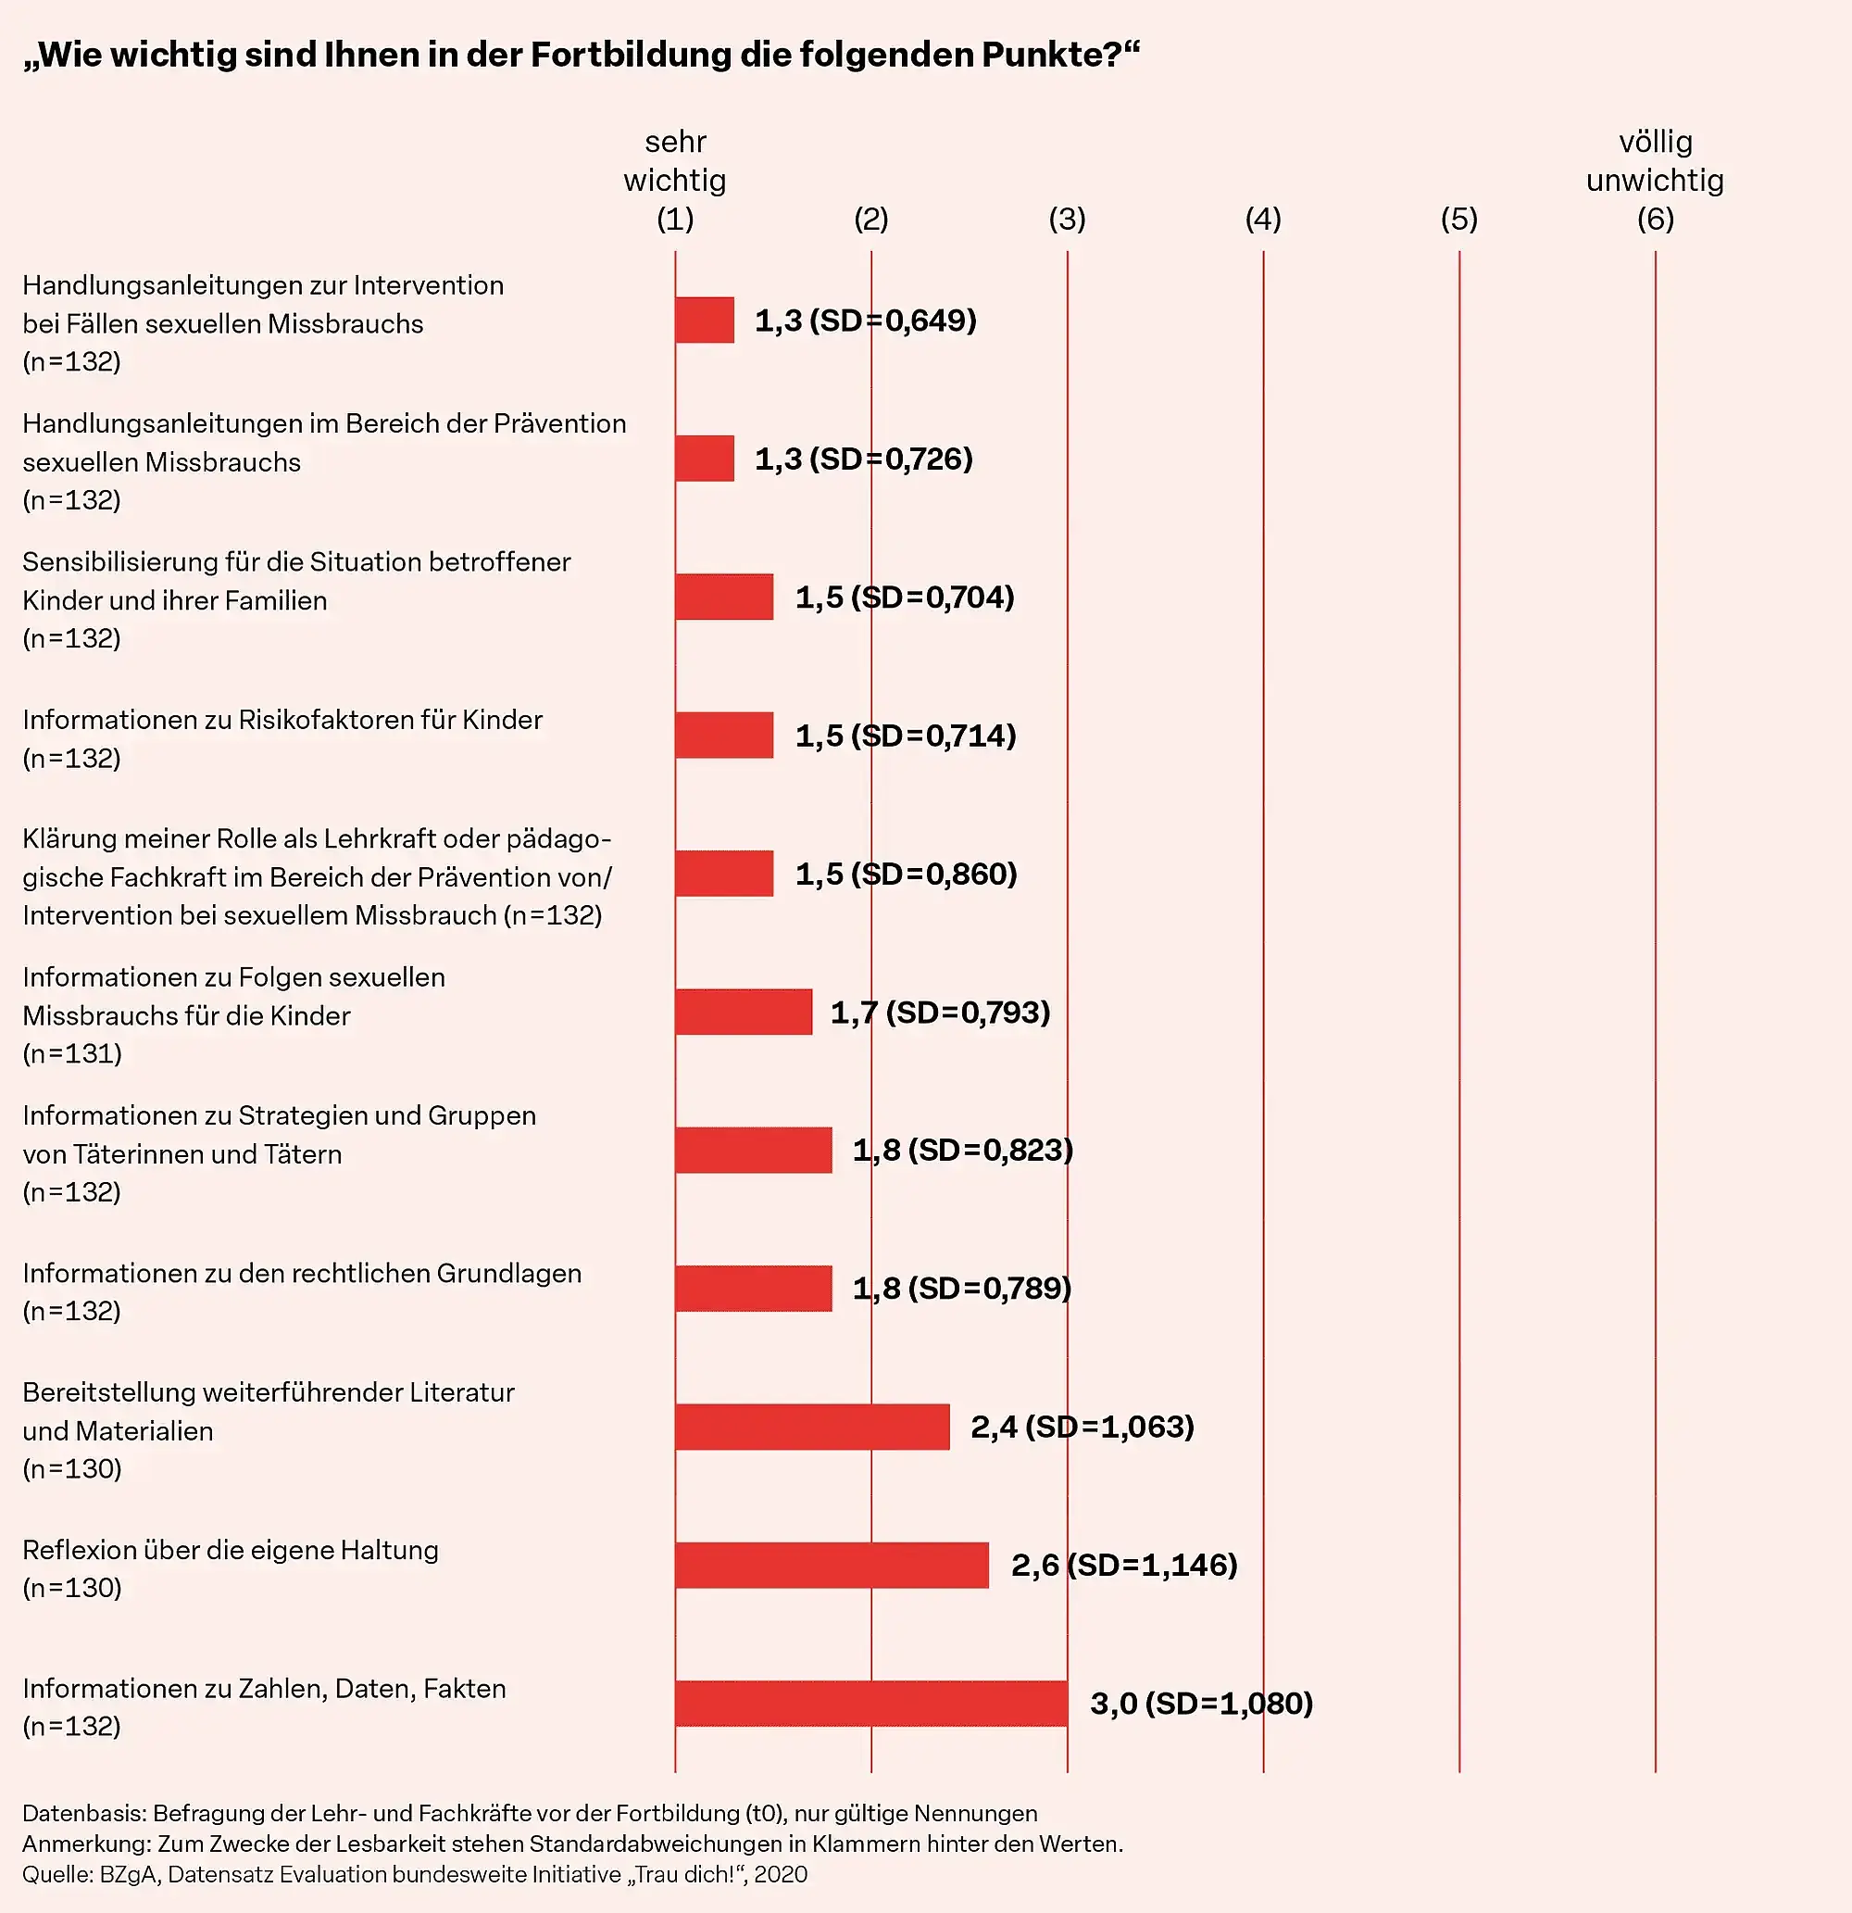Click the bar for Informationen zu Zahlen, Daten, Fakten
click(870, 1703)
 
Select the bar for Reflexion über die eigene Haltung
click(832, 1565)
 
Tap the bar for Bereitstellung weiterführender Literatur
click(812, 1426)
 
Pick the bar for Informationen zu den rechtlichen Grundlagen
click(753, 1289)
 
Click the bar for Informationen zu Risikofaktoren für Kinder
click(724, 735)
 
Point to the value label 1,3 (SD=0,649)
click(866, 321)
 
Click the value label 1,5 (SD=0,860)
click(906, 874)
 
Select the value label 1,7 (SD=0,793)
click(940, 1013)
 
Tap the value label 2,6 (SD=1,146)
click(1124, 1565)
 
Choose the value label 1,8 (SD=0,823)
click(962, 1150)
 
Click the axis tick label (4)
click(1263, 219)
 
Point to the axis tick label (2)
click(870, 219)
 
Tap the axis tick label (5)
click(1458, 219)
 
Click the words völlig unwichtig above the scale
click(1655, 161)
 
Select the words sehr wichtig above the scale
click(675, 161)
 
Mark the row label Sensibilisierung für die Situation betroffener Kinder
click(295, 581)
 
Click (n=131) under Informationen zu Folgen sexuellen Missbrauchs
click(72, 1053)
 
